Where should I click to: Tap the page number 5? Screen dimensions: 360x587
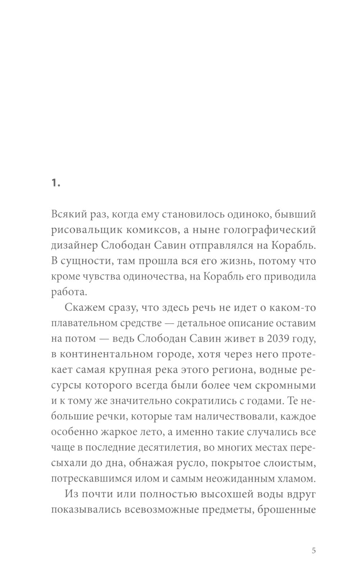tap(314, 551)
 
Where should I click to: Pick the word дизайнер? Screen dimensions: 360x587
tap(72, 245)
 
